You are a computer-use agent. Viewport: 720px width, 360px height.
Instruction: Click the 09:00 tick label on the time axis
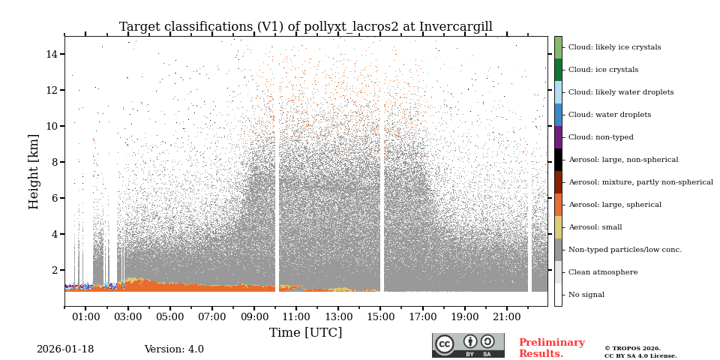click(x=253, y=317)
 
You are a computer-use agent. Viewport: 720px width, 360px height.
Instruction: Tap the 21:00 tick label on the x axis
click(x=506, y=317)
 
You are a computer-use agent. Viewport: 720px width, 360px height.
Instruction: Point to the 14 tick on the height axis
click(x=52, y=54)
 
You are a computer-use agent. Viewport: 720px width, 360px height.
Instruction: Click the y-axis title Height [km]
click(x=34, y=171)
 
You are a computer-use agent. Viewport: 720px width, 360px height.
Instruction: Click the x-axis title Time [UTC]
click(x=306, y=333)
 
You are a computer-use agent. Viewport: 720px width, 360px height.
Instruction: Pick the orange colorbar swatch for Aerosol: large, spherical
click(x=558, y=205)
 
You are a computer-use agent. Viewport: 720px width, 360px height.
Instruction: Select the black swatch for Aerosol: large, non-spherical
click(x=558, y=160)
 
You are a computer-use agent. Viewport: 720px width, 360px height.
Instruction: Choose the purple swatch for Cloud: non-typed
click(x=558, y=137)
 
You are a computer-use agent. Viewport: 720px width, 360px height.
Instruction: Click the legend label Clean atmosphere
click(x=603, y=272)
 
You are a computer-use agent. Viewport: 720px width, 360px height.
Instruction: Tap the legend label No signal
click(x=586, y=295)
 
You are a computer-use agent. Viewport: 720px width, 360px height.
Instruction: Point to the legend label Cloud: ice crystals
click(x=603, y=70)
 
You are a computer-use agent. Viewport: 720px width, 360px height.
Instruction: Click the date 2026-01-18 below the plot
click(x=65, y=349)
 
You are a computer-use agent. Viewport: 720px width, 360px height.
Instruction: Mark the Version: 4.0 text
click(x=174, y=349)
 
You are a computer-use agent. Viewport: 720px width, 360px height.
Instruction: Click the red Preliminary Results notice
click(x=551, y=348)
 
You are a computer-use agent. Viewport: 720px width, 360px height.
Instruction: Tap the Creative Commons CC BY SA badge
click(x=468, y=345)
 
